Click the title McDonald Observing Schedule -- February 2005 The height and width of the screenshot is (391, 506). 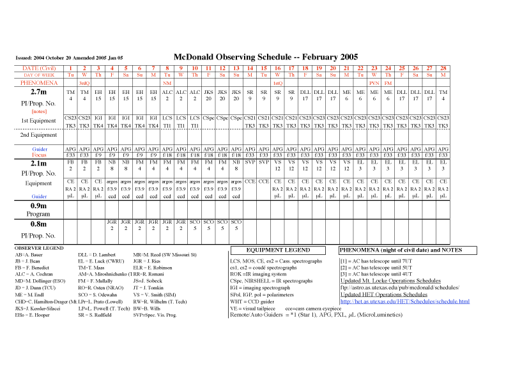(266, 56)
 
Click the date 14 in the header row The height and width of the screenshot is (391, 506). (250, 68)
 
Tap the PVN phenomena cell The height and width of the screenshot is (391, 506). (374, 83)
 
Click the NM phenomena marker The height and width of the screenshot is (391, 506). (167, 83)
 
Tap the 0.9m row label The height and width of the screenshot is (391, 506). (38, 206)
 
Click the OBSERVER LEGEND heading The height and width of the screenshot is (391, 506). (40, 247)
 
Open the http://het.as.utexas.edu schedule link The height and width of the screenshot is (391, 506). (404, 301)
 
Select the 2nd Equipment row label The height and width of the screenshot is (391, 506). (39, 135)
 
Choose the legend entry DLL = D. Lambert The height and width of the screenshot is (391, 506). (96, 254)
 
